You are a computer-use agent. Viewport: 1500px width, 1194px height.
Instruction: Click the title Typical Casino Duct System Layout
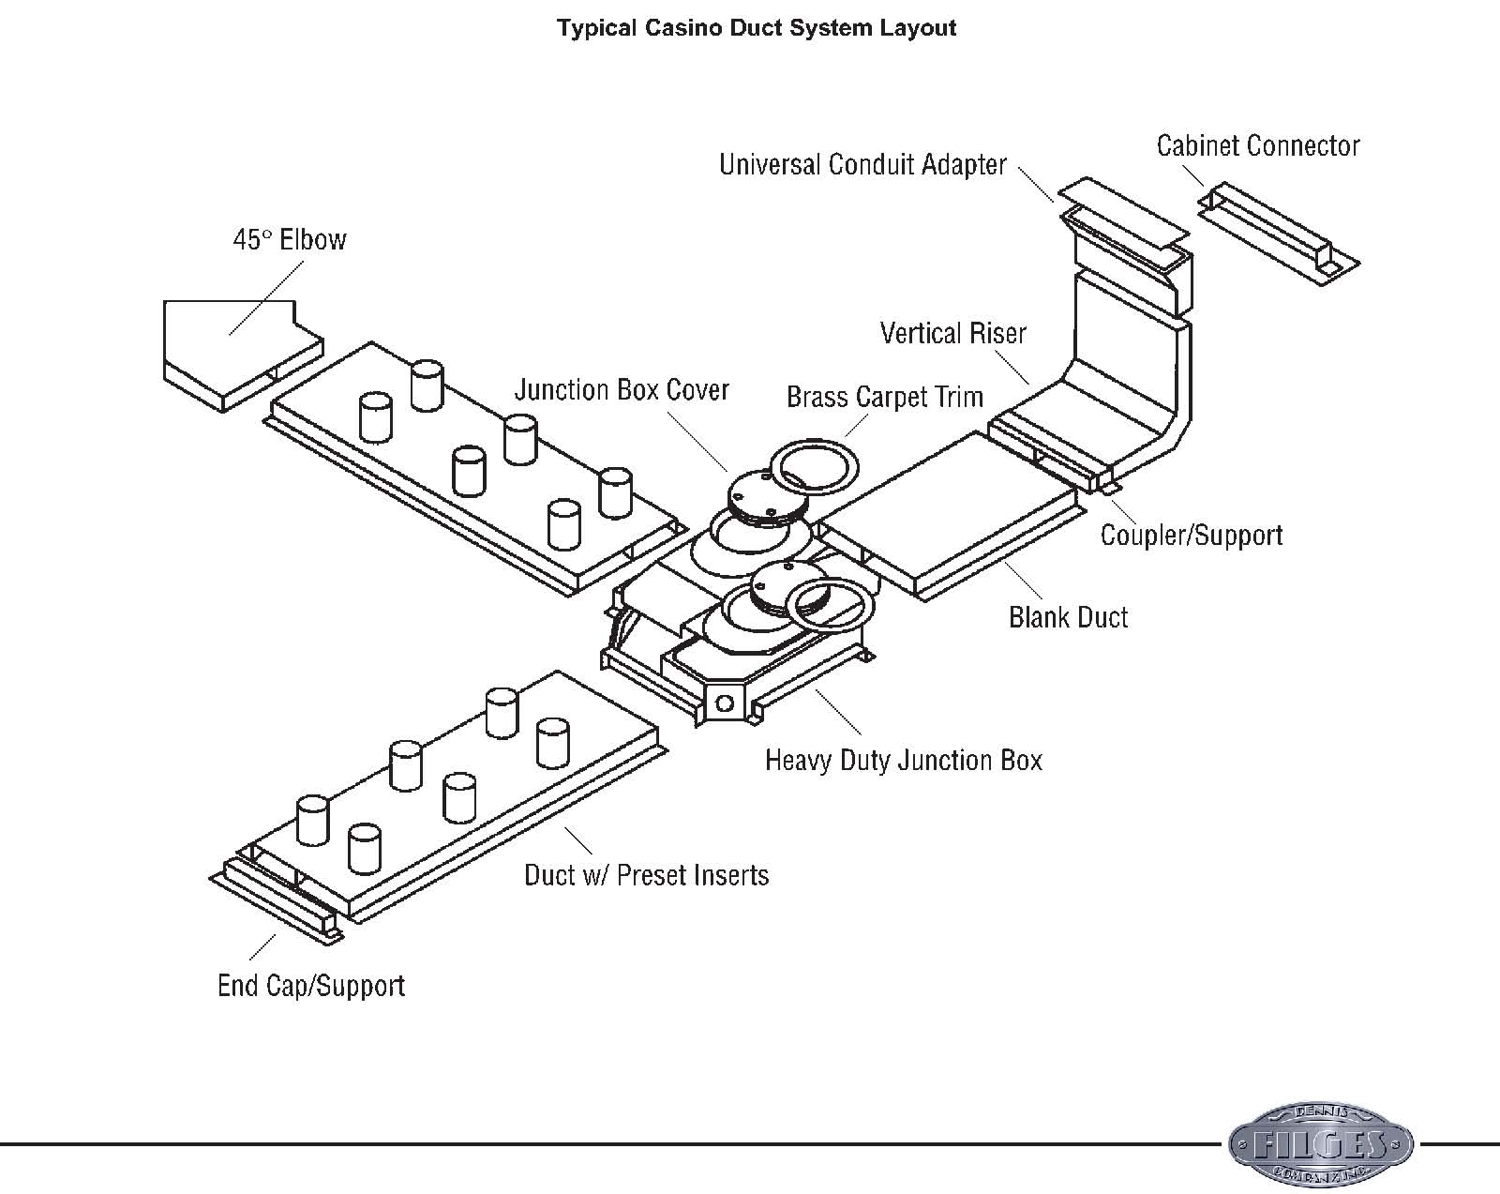[x=757, y=27]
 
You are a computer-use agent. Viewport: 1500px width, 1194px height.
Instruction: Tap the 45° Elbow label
[x=289, y=240]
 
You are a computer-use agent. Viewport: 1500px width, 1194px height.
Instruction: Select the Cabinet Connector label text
[x=1257, y=146]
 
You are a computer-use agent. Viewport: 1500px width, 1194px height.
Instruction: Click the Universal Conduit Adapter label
[x=862, y=165]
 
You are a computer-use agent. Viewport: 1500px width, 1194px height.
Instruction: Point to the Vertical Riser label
[x=952, y=334]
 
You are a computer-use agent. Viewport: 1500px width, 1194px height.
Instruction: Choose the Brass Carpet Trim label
[x=884, y=398]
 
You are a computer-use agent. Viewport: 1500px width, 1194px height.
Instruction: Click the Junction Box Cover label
[x=622, y=390]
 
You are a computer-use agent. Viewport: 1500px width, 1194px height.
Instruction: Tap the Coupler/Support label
[x=1191, y=536]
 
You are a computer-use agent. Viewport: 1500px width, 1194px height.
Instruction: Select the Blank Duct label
[x=1068, y=617]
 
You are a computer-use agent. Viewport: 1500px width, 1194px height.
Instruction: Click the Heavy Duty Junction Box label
[x=903, y=760]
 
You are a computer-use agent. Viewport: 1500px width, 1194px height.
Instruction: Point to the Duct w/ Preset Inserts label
[x=646, y=876]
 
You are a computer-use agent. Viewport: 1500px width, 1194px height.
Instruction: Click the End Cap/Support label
[x=310, y=986]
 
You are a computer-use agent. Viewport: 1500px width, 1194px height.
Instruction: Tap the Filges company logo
[x=1321, y=1143]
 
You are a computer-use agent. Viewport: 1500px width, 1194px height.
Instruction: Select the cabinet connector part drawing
[x=1280, y=233]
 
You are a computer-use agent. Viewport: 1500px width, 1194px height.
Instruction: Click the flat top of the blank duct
[x=947, y=516]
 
